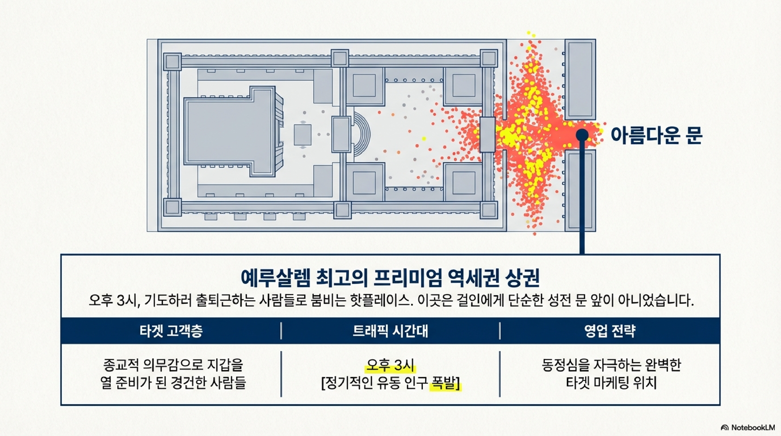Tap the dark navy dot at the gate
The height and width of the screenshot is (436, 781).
click(x=582, y=135)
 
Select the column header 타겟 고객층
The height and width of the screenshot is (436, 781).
click(x=171, y=331)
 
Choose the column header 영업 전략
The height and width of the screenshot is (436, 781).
click(x=610, y=331)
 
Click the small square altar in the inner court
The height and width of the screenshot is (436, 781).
click(x=303, y=135)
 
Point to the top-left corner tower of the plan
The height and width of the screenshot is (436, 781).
click(x=172, y=62)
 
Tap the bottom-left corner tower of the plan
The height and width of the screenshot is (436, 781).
click(x=172, y=207)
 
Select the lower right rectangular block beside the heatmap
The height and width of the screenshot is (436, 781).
click(x=580, y=190)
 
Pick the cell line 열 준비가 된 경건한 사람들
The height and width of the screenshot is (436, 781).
click(x=173, y=383)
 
